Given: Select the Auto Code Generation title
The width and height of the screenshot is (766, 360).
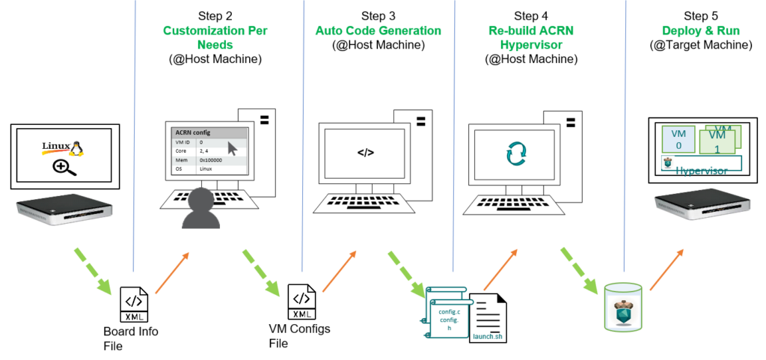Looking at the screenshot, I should [378, 31].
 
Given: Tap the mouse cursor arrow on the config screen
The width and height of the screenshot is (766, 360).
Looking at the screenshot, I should [232, 148].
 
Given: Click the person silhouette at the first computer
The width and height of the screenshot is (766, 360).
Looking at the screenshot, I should [200, 210].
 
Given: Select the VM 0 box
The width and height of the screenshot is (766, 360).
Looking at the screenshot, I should [678, 139].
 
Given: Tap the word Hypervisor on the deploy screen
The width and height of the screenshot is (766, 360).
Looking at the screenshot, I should [702, 171].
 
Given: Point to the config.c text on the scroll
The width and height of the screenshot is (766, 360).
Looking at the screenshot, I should [449, 311].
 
